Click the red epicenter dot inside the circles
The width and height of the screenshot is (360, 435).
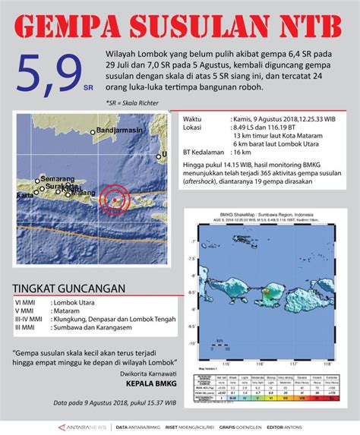[x=114, y=199]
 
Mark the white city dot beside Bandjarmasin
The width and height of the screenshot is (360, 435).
[x=93, y=134]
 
